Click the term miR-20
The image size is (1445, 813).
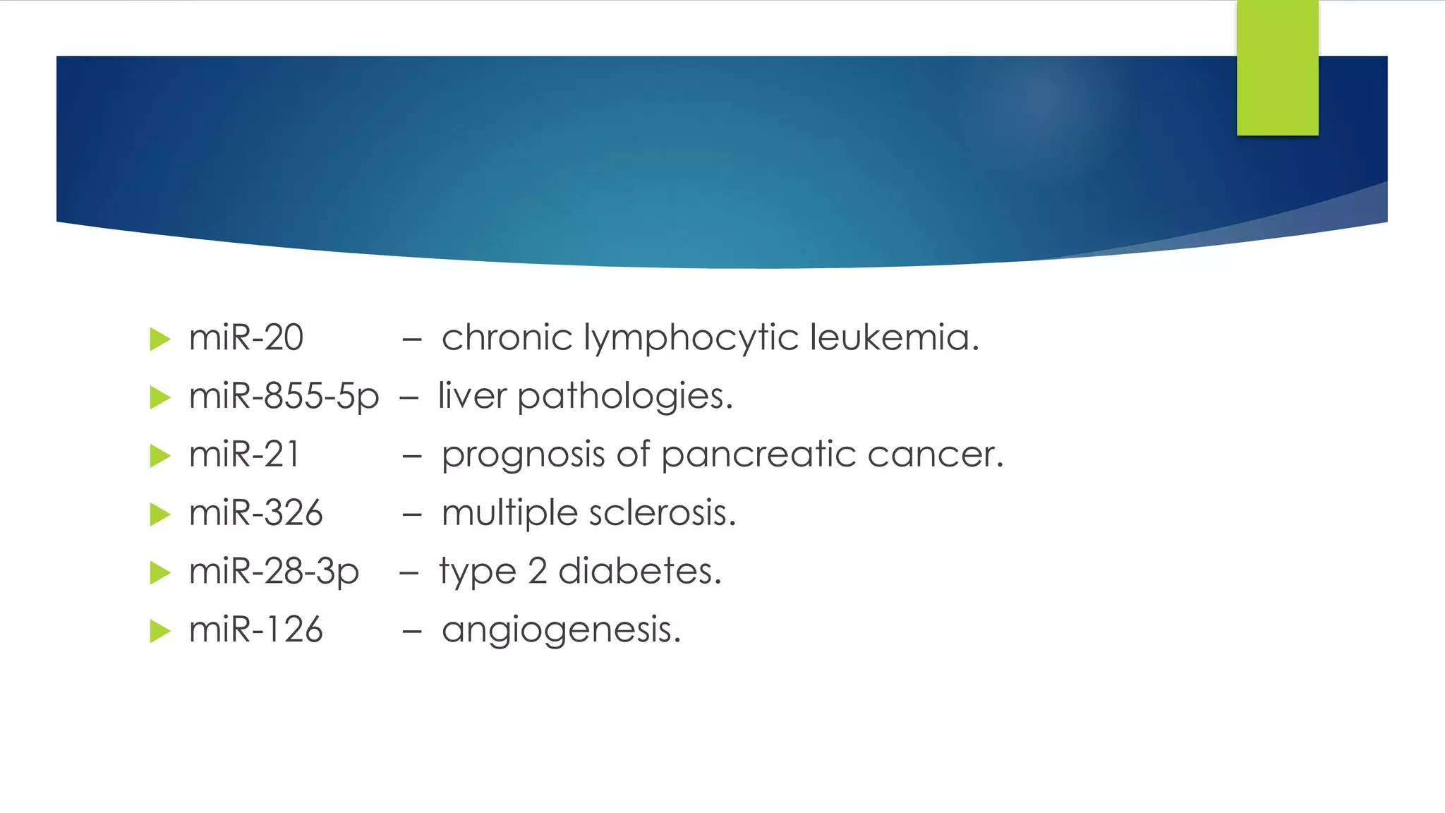tap(246, 338)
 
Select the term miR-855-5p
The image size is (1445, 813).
tap(284, 397)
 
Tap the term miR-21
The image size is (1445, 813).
tap(244, 454)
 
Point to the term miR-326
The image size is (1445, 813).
tap(255, 513)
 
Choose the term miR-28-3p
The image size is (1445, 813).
tap(274, 572)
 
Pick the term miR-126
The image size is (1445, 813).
tap(255, 630)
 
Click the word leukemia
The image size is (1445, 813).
tap(894, 338)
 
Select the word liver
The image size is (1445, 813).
tap(471, 396)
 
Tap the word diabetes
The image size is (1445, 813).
tap(640, 571)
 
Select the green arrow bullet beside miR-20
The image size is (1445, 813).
tap(160, 339)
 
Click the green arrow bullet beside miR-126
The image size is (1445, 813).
tap(160, 631)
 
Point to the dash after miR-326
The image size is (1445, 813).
tap(412, 515)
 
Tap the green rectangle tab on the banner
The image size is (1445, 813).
tap(1277, 68)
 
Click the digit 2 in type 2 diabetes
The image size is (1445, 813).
tap(537, 572)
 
